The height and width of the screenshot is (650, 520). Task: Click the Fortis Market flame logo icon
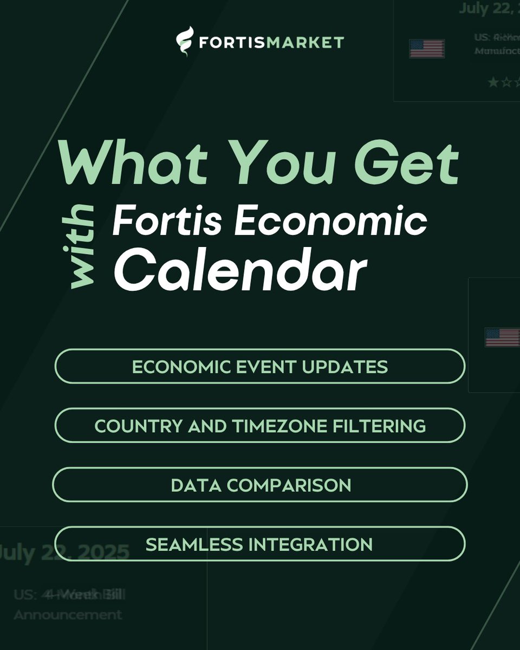pos(185,42)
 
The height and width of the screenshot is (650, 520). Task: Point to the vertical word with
pos(83,246)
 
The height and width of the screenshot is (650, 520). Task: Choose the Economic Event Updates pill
pos(260,367)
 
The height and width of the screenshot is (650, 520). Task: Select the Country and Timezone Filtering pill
pos(260,426)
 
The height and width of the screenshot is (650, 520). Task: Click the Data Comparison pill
pos(260,485)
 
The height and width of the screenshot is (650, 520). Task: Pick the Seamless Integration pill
pos(260,544)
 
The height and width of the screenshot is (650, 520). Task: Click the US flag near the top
pos(427,49)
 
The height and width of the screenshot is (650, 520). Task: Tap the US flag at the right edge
pos(502,337)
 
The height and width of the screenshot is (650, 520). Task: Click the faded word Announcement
pos(68,615)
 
